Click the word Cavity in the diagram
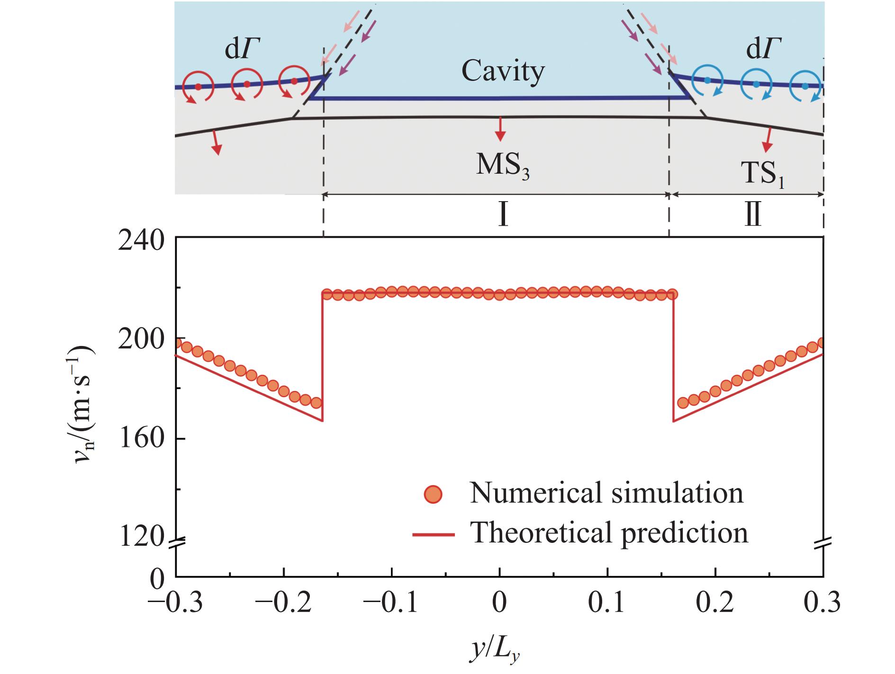click(x=503, y=72)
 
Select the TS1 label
click(x=762, y=175)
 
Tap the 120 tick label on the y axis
click(x=142, y=538)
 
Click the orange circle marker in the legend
click(x=433, y=494)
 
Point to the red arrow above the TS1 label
click(x=766, y=137)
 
